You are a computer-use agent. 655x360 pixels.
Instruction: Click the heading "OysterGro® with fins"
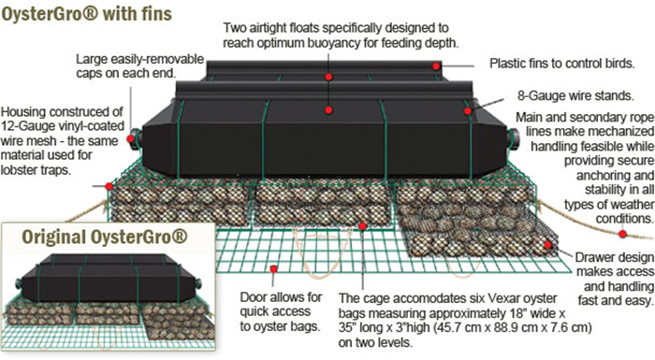(x=86, y=13)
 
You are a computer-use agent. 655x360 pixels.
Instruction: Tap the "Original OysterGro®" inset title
(x=105, y=237)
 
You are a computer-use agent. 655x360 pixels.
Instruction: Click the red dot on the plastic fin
(x=436, y=66)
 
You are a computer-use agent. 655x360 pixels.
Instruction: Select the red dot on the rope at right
(x=622, y=235)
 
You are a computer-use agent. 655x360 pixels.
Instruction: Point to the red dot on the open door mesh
(x=273, y=269)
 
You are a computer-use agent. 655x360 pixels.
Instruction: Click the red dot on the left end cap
(x=131, y=138)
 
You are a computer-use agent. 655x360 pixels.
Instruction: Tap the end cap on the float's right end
(x=513, y=138)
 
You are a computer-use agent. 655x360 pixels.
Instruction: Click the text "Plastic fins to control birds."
(x=562, y=64)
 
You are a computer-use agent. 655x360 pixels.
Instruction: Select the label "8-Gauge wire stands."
(x=575, y=95)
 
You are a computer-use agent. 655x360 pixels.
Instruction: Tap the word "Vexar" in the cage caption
(x=462, y=298)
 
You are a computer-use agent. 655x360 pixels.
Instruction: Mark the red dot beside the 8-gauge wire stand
(x=468, y=111)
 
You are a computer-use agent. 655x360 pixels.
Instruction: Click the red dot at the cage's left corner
(x=109, y=186)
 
